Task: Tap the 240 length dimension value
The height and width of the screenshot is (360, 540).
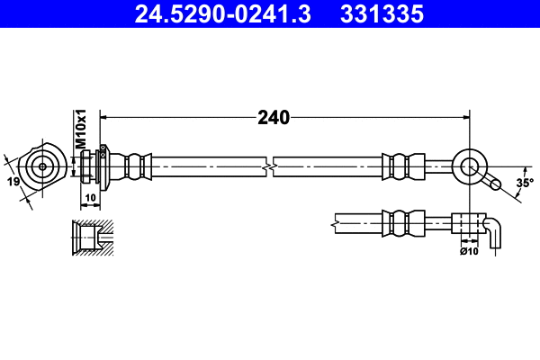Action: click(273, 117)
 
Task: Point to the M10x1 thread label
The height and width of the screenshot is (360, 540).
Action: click(80, 130)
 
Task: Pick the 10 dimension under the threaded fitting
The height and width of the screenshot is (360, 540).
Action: click(90, 197)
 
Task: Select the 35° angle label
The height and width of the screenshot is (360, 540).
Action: click(525, 183)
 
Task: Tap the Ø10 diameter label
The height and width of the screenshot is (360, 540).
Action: click(468, 251)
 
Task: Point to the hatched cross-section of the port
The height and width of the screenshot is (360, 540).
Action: click(91, 237)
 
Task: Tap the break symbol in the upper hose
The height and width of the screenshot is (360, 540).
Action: click(269, 166)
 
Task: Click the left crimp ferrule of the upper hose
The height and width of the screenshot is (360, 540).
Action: click(135, 166)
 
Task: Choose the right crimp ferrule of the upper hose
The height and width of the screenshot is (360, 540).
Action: click(403, 166)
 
